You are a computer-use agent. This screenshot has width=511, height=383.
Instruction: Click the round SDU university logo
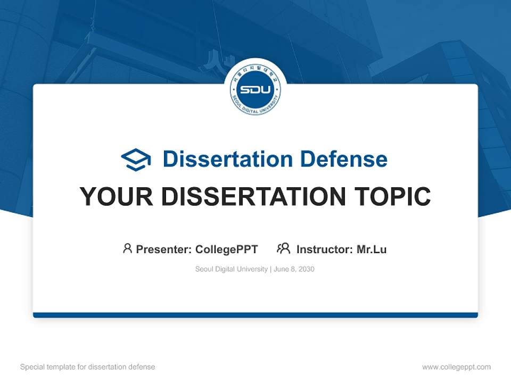[256, 89]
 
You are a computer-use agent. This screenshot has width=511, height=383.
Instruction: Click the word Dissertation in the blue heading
[227, 159]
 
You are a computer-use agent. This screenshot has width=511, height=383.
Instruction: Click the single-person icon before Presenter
[127, 248]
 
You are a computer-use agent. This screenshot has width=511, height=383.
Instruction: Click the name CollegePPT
[227, 249]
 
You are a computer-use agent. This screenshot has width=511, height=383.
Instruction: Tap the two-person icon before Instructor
[283, 248]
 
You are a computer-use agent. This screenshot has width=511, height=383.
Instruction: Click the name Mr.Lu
[372, 249]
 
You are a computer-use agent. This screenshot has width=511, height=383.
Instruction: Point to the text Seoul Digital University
[232, 269]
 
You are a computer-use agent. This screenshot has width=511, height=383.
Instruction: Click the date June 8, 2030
[294, 269]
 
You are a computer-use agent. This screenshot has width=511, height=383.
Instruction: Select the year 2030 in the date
[306, 269]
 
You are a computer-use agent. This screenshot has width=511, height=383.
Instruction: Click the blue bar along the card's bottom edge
[256, 315]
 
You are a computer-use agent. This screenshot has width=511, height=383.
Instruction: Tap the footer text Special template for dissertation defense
[88, 367]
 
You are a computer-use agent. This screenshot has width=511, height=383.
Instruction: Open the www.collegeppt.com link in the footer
[456, 367]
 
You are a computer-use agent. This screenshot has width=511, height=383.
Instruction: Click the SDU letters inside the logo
[256, 89]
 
